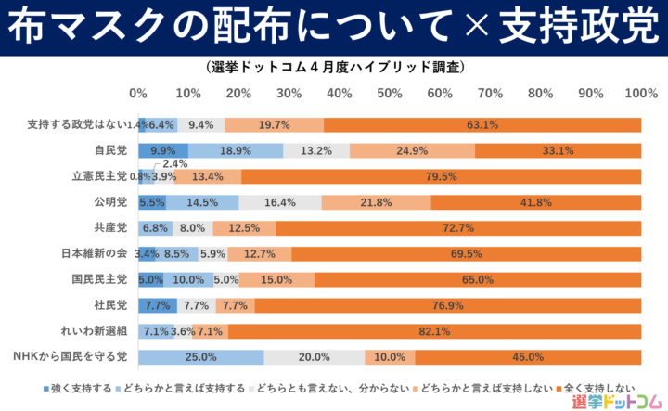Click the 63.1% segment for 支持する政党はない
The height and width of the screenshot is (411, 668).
pos(482,124)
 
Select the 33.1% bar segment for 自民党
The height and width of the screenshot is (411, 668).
pos(558,150)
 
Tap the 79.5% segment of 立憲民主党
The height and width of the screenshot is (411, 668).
pos(441,176)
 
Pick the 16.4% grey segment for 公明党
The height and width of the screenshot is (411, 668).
pos(280,202)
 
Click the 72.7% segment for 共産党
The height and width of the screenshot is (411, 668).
pos(458,228)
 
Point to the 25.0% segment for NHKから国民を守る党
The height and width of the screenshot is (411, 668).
pos(201,357)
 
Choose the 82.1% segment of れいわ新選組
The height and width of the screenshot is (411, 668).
pos(434,331)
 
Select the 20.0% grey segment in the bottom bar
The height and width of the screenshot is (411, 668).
pos(315,357)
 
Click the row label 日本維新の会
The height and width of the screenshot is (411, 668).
pos(94,253)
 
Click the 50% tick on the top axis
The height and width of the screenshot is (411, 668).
pos(390,94)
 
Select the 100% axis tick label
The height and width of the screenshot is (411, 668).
pos(640,94)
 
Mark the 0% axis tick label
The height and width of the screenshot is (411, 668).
pos(138,94)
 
